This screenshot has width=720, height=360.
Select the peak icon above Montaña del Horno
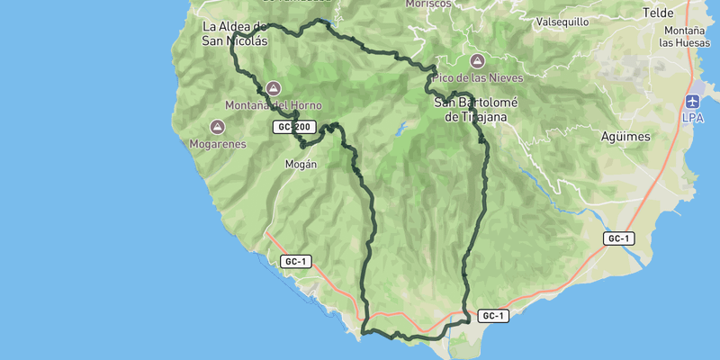click(x=274, y=88)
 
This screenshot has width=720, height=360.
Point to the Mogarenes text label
click(x=218, y=143)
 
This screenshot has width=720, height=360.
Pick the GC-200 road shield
click(x=294, y=127)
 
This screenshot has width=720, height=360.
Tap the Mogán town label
click(x=301, y=164)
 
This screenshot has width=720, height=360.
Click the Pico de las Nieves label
click(x=477, y=78)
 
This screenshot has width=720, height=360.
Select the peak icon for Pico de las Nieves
click(x=477, y=61)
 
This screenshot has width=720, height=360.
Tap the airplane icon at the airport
click(x=692, y=101)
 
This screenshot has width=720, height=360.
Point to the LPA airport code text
click(x=692, y=118)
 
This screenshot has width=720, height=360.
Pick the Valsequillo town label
click(x=562, y=22)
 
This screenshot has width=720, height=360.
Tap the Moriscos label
click(x=428, y=4)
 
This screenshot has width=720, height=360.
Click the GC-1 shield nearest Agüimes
click(x=619, y=238)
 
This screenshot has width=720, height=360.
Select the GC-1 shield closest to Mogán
click(x=296, y=261)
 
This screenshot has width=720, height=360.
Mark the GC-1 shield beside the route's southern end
click(x=493, y=316)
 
